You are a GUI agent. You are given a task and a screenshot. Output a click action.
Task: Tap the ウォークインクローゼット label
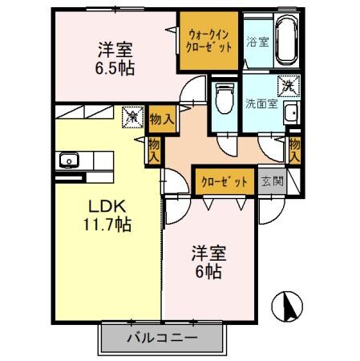[210, 41]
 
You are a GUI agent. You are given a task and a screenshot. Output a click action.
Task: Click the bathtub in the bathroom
[286, 41]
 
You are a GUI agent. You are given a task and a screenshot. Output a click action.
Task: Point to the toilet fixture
[224, 99]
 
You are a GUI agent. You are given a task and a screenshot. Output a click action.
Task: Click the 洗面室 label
[262, 103]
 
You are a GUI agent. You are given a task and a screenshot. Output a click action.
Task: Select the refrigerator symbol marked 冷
[130, 118]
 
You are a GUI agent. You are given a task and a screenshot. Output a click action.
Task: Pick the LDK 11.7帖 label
[109, 214]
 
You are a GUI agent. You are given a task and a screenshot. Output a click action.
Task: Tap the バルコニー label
[160, 338]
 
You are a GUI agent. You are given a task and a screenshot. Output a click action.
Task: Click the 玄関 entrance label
[273, 180]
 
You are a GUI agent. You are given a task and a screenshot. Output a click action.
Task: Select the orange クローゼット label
[224, 180]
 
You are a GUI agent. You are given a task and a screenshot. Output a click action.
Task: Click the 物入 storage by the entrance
[294, 150]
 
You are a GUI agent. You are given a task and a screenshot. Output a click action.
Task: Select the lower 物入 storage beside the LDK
[154, 149]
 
